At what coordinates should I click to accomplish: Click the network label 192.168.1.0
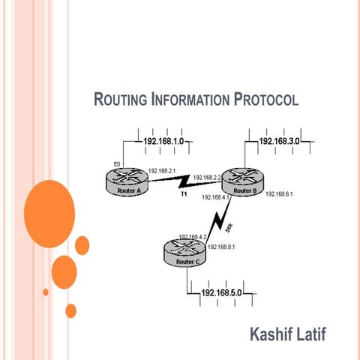point(164,140)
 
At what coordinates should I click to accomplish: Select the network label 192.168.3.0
point(279,140)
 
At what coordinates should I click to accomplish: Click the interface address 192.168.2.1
point(161,171)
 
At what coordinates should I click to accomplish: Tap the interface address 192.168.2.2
point(207,178)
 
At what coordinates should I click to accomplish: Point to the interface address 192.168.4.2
point(193,236)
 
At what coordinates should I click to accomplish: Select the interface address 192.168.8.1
point(221,247)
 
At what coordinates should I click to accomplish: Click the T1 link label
point(182,193)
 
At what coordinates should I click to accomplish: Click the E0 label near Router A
point(116,163)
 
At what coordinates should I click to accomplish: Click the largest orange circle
point(49,204)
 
